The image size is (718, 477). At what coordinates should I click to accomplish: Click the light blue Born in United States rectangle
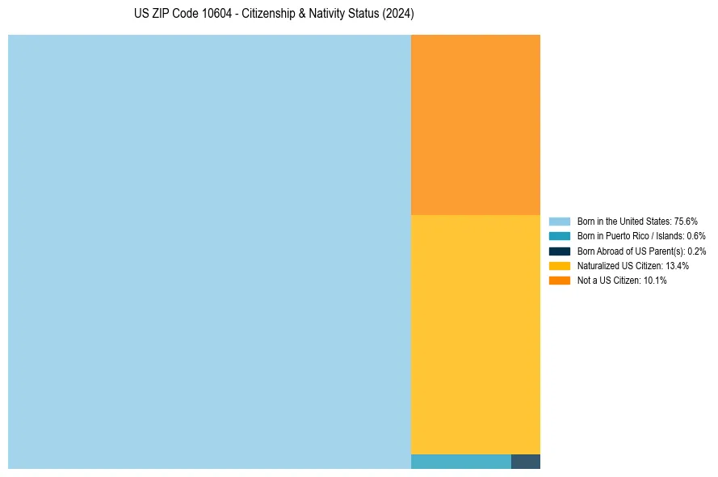(x=209, y=251)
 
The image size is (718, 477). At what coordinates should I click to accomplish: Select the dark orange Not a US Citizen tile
(x=475, y=125)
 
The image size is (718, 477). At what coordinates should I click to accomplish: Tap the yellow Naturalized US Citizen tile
(x=475, y=334)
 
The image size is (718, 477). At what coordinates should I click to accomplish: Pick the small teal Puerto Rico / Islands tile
(x=460, y=462)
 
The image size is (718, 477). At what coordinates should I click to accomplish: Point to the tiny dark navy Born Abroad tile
(x=525, y=462)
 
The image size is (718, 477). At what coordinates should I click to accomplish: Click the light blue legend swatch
(x=559, y=222)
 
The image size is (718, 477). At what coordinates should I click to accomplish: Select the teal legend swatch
(x=559, y=236)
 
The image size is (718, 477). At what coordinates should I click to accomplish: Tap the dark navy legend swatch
(x=559, y=251)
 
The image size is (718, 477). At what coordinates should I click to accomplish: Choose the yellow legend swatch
(x=559, y=265)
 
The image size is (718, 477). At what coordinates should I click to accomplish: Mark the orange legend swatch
(x=559, y=281)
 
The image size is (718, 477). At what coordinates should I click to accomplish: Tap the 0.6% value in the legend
(x=696, y=236)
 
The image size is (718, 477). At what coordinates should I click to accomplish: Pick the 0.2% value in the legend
(x=696, y=251)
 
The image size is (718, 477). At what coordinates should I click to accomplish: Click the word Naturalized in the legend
(x=596, y=266)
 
